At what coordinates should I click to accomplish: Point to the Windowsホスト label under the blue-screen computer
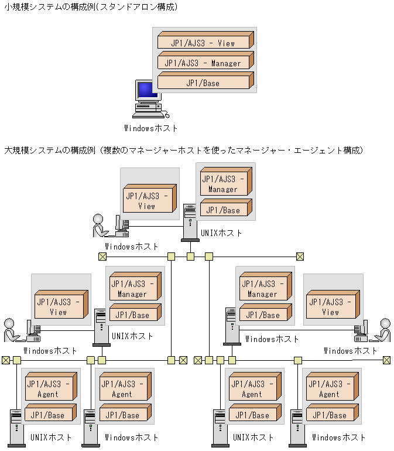(150, 128)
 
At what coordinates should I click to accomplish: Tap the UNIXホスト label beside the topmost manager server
(221, 233)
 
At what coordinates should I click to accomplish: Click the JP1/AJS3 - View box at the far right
(331, 307)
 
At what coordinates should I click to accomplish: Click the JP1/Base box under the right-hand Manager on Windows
(264, 315)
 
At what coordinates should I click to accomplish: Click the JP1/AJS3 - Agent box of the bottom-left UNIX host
(49, 389)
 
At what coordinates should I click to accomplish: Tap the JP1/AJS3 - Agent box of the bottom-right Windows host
(330, 389)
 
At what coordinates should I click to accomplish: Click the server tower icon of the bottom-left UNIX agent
(17, 428)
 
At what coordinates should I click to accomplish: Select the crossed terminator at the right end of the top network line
(300, 256)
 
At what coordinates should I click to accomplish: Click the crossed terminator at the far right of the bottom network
(386, 360)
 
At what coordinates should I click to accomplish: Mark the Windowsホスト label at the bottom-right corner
(339, 437)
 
